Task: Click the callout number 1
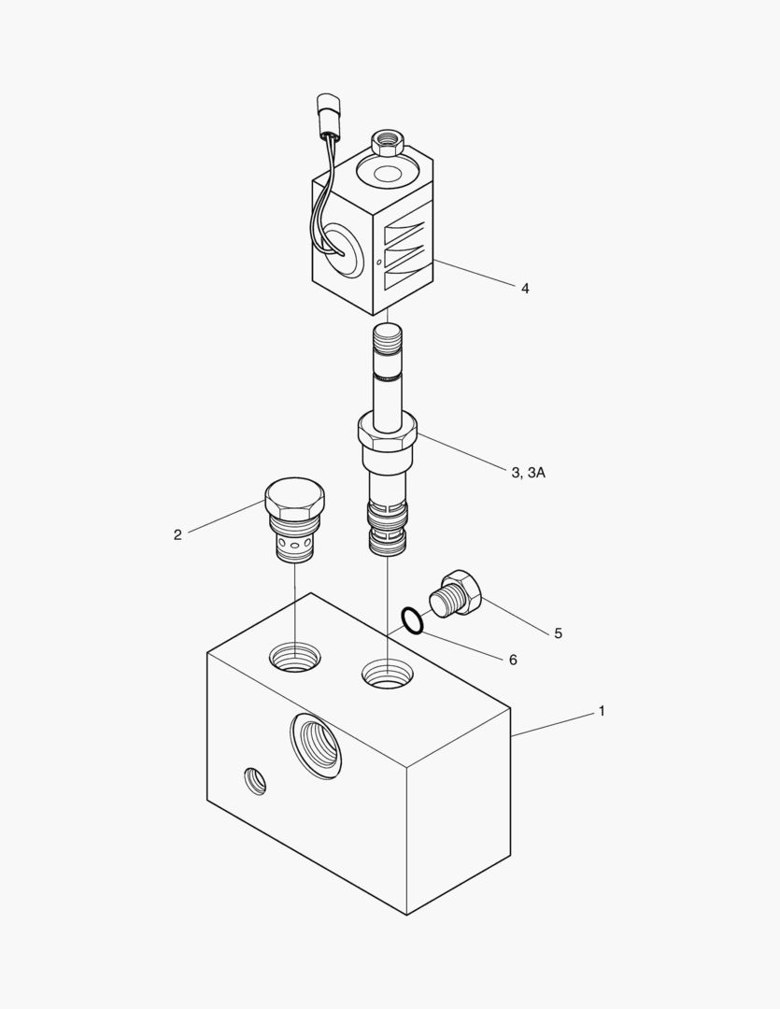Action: point(602,711)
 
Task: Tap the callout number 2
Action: point(177,534)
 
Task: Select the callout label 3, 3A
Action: point(529,473)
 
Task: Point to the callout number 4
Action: point(525,289)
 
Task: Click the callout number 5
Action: point(558,633)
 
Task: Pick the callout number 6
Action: point(513,660)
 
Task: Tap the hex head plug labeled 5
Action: point(456,593)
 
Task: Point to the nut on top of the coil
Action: point(388,143)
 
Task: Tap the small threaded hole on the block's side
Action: point(255,781)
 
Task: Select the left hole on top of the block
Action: point(294,658)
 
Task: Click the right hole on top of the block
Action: point(388,674)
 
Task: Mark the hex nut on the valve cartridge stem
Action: point(387,434)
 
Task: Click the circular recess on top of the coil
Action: point(388,173)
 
